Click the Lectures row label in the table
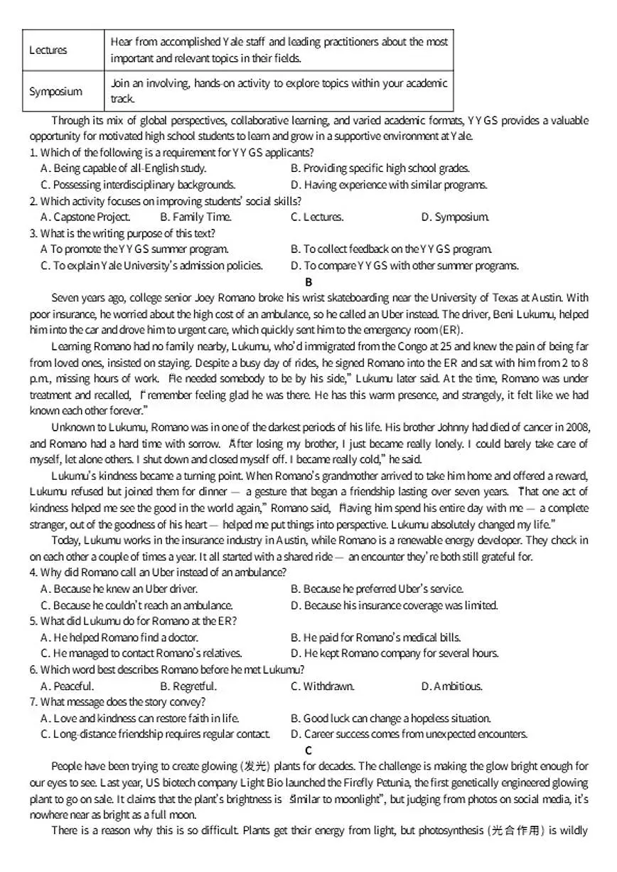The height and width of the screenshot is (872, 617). tap(48, 50)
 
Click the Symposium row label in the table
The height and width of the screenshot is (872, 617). tap(55, 91)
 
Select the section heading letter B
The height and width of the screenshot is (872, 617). tap(308, 281)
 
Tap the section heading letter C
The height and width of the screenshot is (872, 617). tap(308, 750)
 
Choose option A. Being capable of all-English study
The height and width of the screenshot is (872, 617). tap(124, 168)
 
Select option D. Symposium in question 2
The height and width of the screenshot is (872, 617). tap(455, 217)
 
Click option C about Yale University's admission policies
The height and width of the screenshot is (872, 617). tap(152, 266)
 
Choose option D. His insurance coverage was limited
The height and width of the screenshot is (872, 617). tap(395, 605)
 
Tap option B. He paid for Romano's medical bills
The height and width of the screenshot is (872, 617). tap(376, 637)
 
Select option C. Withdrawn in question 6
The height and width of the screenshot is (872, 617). tap(323, 686)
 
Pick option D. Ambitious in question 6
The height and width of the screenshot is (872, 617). tap(452, 686)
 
